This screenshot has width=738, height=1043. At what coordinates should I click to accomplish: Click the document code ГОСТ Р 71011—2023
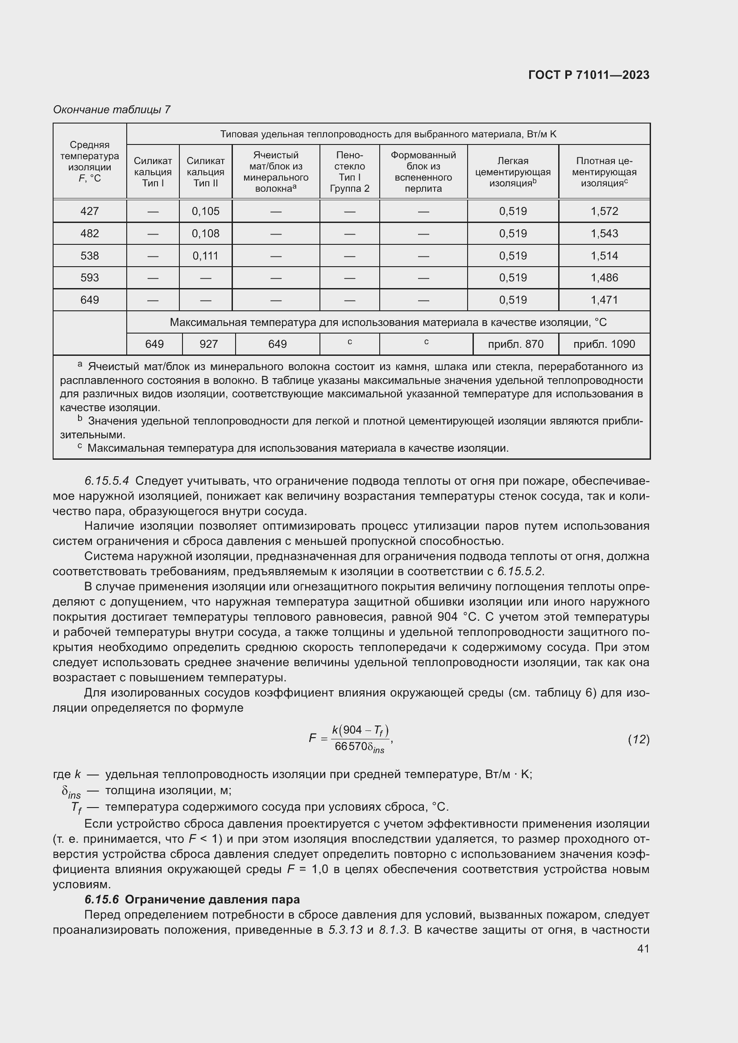click(x=589, y=75)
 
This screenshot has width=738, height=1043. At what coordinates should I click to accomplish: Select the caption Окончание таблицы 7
click(x=112, y=110)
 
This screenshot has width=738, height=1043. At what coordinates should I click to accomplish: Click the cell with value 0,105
click(x=205, y=211)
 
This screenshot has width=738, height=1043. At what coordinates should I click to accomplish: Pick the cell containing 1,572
click(x=604, y=211)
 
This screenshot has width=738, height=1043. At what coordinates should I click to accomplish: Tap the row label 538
click(x=90, y=256)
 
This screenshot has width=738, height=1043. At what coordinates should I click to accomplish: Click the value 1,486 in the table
click(x=604, y=277)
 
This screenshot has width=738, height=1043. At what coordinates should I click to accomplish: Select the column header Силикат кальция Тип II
click(x=205, y=172)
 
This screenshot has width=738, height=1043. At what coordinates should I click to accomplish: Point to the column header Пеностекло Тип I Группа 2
click(x=349, y=172)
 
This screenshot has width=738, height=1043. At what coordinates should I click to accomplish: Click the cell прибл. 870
click(x=515, y=344)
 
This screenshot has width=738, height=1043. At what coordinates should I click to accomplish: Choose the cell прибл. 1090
click(x=604, y=344)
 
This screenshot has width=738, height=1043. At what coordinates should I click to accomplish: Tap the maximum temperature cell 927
click(x=208, y=344)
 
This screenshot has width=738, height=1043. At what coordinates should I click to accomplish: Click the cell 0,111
click(x=205, y=256)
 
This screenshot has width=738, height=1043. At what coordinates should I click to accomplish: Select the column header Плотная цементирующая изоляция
click(x=604, y=172)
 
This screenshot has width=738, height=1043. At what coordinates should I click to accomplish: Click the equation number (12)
click(x=638, y=739)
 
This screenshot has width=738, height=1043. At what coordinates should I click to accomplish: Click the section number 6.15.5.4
click(x=107, y=481)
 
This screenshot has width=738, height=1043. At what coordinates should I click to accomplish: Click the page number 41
click(x=643, y=948)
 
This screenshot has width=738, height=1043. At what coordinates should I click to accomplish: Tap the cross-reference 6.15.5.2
click(x=520, y=571)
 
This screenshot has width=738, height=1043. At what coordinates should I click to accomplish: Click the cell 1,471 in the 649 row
click(x=604, y=300)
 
